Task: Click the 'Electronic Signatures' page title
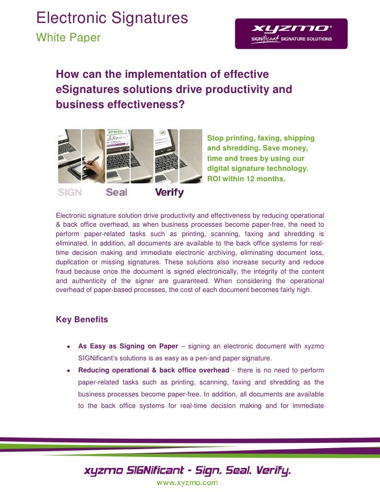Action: (x=112, y=18)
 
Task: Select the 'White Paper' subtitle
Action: (x=68, y=38)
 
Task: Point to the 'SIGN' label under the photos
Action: (x=70, y=192)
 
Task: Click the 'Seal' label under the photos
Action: (x=116, y=192)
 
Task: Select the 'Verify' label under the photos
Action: (x=170, y=192)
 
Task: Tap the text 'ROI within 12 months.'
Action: (x=246, y=179)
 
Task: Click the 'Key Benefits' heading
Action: (x=82, y=320)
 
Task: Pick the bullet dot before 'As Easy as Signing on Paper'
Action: (x=68, y=346)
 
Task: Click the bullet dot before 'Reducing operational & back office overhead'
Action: (x=68, y=370)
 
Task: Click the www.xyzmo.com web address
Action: (x=187, y=483)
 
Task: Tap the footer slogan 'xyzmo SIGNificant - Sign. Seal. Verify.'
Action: (x=187, y=471)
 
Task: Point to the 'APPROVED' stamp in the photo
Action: (x=115, y=132)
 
